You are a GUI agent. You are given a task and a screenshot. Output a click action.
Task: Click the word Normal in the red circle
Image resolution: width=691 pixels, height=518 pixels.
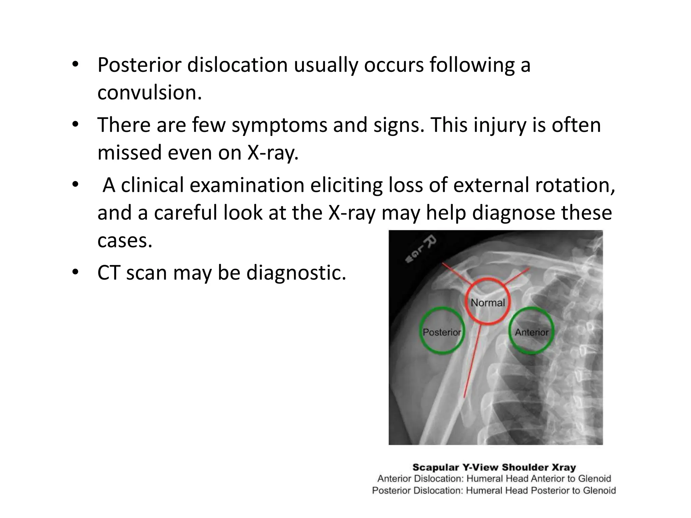488,303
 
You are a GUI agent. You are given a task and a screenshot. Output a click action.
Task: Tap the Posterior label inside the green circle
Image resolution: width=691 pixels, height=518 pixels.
442,333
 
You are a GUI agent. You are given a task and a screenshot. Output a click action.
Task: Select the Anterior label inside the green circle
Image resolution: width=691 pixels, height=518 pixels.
531,333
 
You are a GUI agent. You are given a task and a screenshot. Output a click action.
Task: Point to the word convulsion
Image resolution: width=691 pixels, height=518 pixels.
149,93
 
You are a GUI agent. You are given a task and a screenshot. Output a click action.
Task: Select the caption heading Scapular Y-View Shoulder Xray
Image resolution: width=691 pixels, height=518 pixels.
494,467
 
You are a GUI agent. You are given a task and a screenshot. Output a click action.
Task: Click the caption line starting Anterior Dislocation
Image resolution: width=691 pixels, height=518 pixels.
494,479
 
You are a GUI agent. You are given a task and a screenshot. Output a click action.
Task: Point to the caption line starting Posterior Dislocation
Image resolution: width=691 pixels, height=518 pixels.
494,490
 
